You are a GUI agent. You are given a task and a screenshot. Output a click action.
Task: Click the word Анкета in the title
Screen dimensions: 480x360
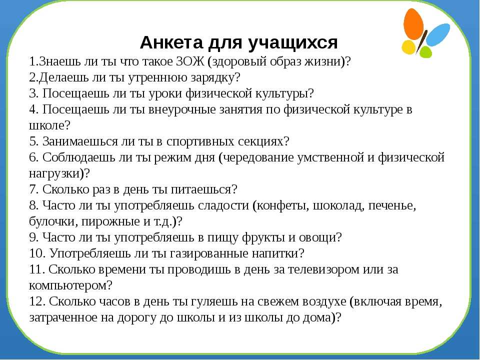(171, 42)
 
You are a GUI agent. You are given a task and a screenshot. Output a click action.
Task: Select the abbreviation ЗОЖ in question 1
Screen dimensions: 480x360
(190, 61)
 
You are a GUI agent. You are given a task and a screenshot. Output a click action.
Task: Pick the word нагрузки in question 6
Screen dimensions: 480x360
(54, 173)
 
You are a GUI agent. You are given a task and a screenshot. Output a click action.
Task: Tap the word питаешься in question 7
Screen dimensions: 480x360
(200, 189)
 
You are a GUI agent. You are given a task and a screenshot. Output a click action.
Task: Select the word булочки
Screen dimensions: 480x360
(53, 221)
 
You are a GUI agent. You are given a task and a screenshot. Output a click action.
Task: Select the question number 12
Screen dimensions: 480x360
(37, 302)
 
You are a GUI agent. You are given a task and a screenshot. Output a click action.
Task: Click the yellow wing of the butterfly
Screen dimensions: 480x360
(408, 47)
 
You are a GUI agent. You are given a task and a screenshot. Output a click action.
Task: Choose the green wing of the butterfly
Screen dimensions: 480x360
(426, 51)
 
